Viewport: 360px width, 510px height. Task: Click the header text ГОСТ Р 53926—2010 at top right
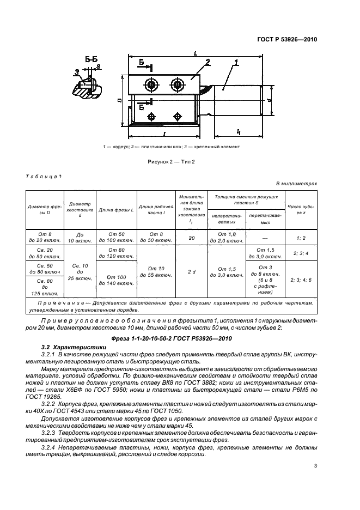(286, 39)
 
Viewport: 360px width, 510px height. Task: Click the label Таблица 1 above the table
(44, 175)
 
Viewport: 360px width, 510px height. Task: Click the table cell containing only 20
(191, 237)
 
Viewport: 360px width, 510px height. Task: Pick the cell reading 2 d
(191, 271)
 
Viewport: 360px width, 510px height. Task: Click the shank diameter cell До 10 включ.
(80, 237)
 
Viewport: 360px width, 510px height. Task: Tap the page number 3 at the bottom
(315, 466)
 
